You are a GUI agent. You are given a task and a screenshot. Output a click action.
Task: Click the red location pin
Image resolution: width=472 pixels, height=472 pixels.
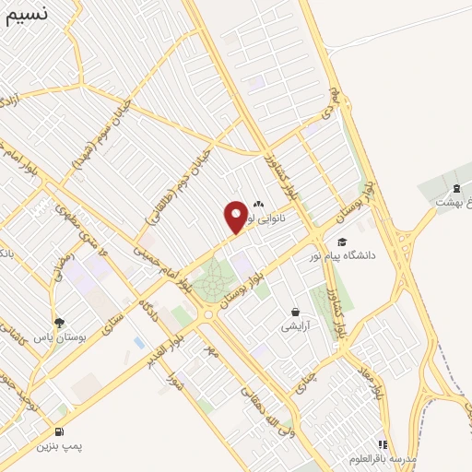click(236, 217)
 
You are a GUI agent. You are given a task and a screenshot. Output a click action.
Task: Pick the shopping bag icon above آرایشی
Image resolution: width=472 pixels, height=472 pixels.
click(295, 312)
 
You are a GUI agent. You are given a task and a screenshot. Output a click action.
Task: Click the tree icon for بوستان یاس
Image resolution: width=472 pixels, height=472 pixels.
click(60, 323)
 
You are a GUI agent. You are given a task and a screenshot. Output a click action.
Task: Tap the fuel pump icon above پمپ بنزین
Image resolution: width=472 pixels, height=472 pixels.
click(60, 431)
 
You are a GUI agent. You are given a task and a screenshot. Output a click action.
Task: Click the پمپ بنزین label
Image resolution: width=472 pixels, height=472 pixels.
click(60, 446)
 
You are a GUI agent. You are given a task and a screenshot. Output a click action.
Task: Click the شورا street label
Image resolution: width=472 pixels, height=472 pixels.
click(175, 373)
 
